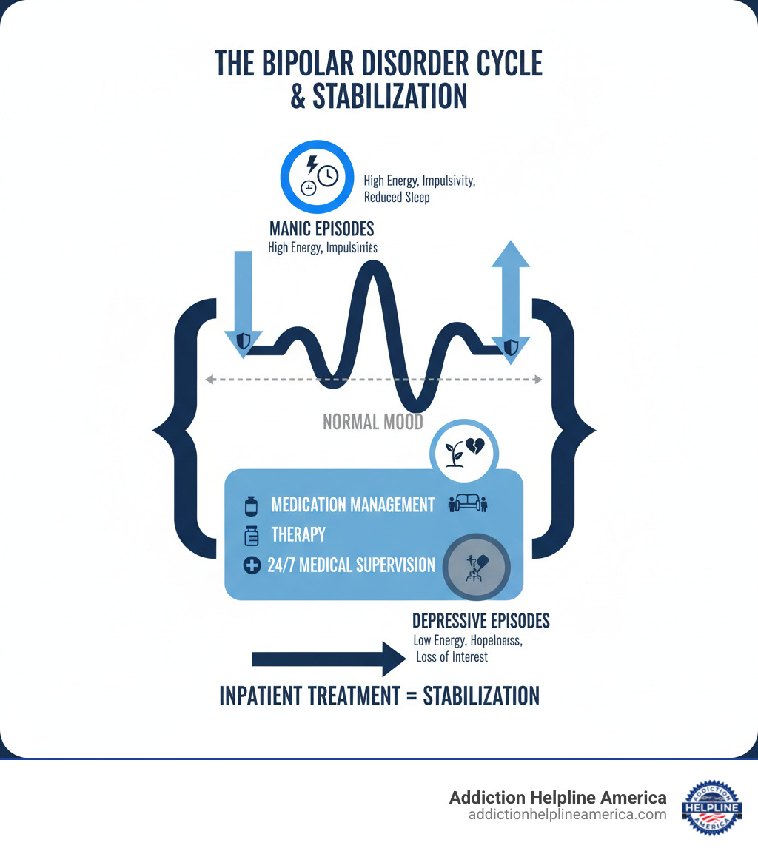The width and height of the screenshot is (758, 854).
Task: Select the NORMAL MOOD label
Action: click(x=373, y=422)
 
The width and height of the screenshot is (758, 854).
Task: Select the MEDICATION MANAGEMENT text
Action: click(x=352, y=505)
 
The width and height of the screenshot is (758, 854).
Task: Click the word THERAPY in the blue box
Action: click(x=298, y=534)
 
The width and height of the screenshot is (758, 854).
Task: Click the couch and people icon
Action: click(x=469, y=505)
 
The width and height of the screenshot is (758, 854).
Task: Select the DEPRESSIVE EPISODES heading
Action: click(x=480, y=620)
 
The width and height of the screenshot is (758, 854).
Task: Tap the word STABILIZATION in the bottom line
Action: click(x=480, y=696)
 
